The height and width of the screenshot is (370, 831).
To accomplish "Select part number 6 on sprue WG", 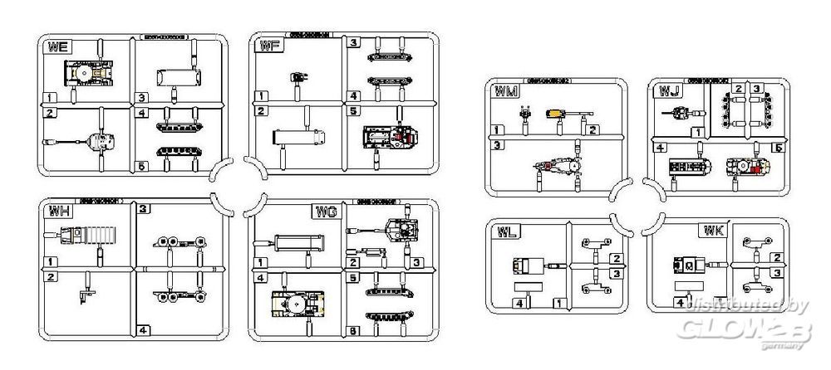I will (x=355, y=332).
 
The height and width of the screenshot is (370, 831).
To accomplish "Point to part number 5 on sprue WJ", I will (x=778, y=148).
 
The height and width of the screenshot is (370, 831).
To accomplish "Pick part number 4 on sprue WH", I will (x=145, y=329).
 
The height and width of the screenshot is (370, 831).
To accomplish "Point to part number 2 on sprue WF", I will (x=262, y=110).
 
